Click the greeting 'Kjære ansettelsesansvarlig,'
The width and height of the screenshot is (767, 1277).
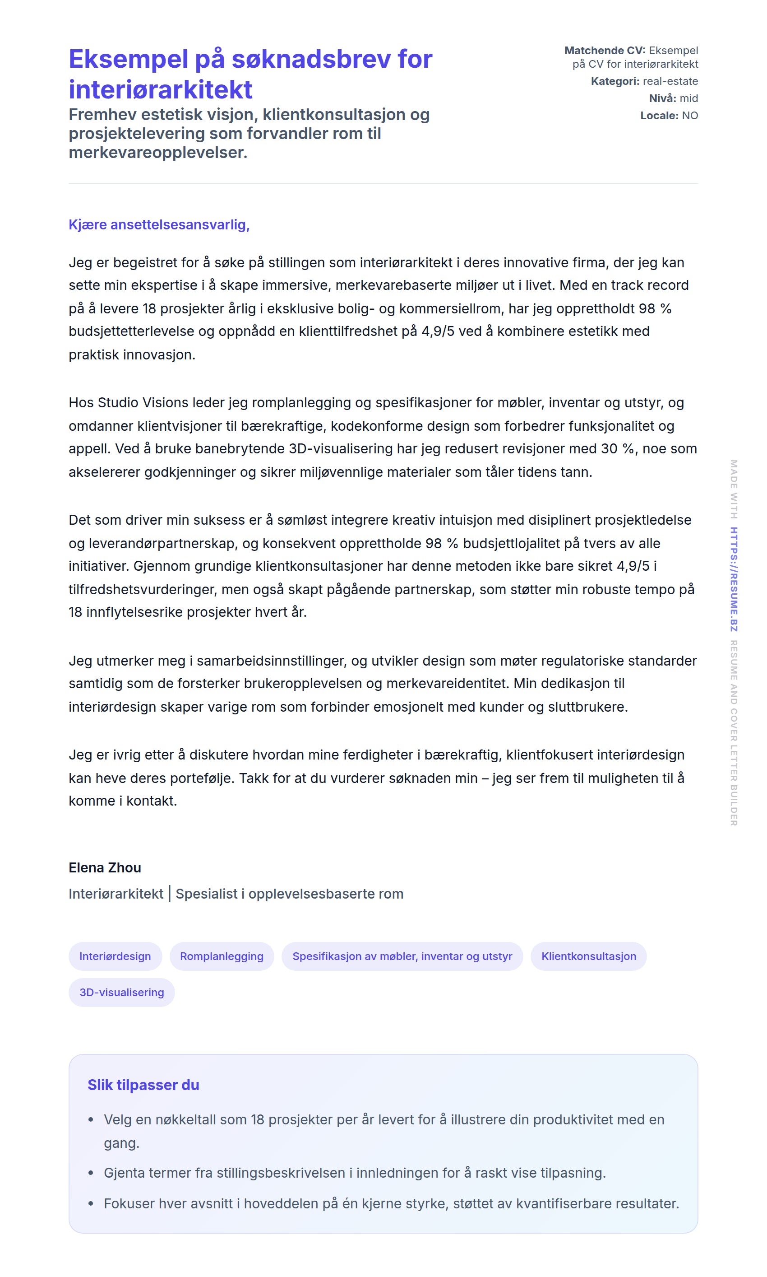159,224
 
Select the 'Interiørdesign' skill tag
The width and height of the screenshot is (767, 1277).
115,956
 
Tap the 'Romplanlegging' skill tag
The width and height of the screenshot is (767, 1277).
222,956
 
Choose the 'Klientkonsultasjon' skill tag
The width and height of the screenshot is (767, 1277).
589,956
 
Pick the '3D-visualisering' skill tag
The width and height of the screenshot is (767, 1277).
121,993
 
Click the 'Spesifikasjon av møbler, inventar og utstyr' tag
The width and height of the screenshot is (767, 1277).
402,956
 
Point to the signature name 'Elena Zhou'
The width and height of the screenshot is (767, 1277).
105,867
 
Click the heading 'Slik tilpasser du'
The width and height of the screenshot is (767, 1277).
143,1085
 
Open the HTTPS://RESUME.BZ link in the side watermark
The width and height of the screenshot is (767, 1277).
734,579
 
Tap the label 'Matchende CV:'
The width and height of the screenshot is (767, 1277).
605,51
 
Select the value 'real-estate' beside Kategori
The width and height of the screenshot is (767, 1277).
670,81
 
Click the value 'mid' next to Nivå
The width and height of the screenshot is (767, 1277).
688,98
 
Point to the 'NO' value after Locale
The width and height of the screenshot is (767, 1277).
690,115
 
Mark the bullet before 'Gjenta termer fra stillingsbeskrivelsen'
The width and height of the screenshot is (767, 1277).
91,1173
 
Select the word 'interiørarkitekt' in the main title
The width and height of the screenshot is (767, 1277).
160,89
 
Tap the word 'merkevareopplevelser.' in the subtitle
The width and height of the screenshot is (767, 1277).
158,153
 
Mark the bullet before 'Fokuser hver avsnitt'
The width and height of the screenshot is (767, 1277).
91,1203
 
